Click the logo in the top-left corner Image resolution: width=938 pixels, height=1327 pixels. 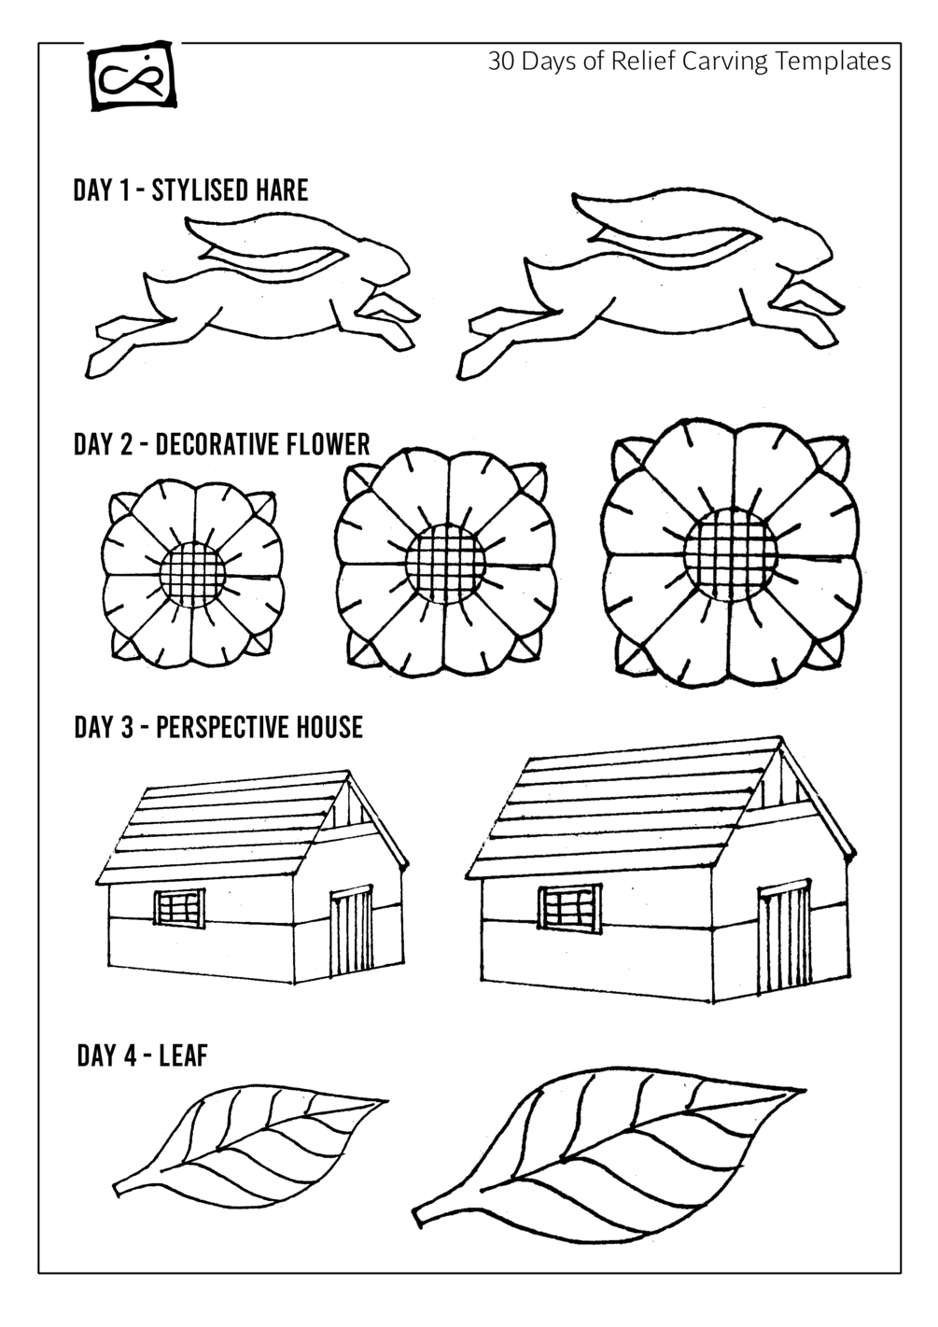[133, 76]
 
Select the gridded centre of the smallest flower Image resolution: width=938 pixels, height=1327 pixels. [192, 574]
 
